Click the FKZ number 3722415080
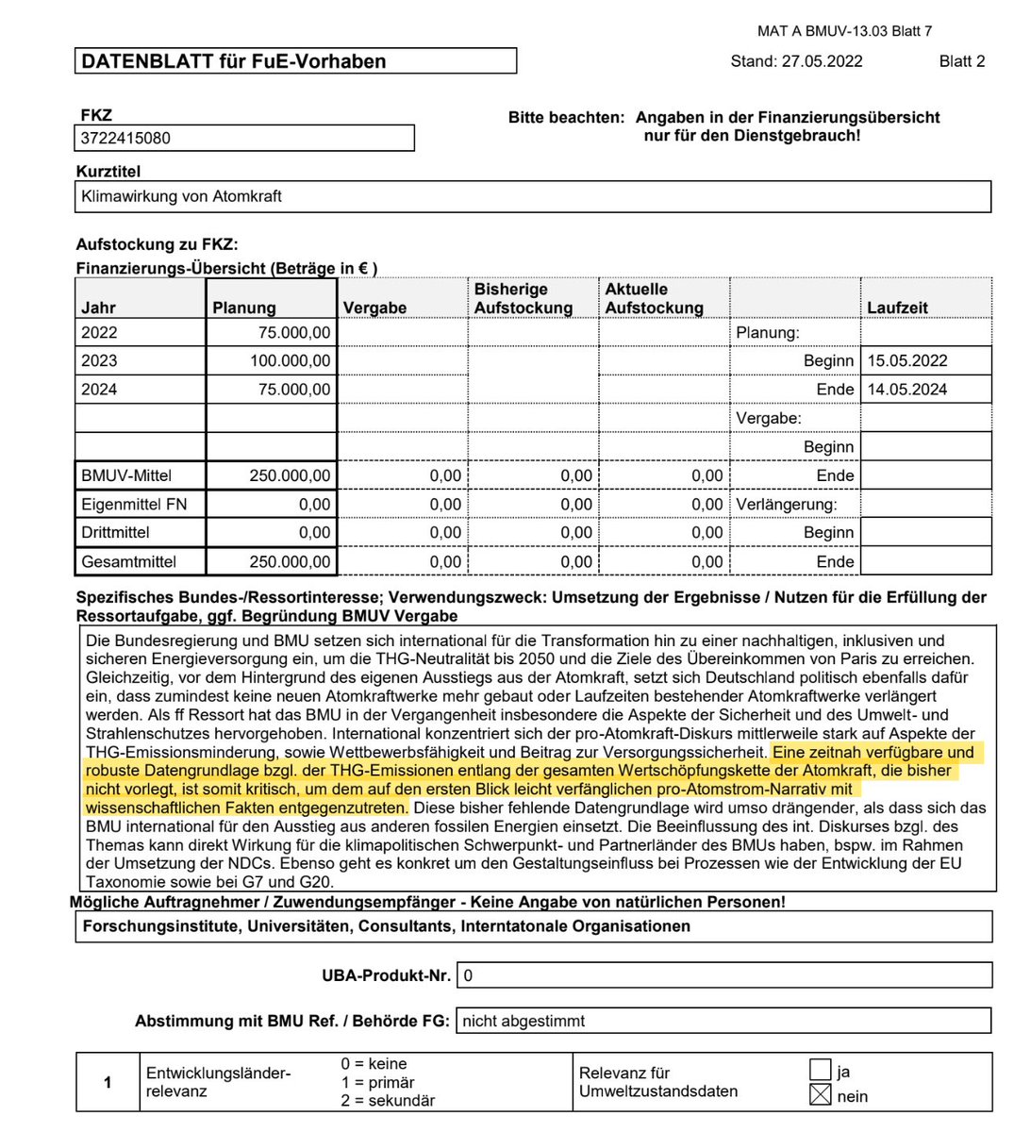[126, 139]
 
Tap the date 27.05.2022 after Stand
[823, 61]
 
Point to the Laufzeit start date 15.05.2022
[908, 361]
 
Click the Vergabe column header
[375, 308]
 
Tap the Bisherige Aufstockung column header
[524, 298]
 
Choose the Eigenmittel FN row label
[134, 505]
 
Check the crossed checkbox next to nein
[821, 1095]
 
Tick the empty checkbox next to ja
[821, 1071]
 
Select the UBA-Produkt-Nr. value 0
[469, 975]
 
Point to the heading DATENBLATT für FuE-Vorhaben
[234, 62]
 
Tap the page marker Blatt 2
[962, 61]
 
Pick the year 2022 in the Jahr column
[99, 333]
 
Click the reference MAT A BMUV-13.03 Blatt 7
[844, 31]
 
